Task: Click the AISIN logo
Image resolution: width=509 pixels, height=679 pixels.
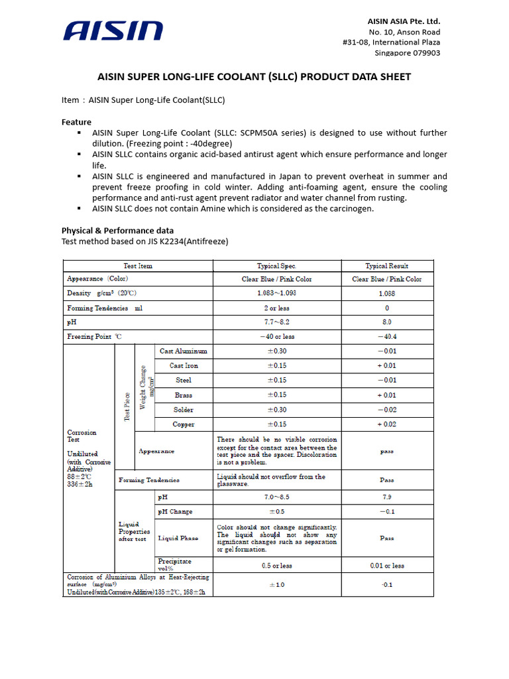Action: [113, 31]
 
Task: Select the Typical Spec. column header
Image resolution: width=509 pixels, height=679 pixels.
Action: [276, 266]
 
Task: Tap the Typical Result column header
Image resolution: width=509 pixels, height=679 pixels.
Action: [387, 266]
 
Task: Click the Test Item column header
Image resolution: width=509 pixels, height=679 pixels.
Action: [138, 266]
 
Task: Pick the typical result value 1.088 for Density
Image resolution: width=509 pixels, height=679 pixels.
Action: [387, 293]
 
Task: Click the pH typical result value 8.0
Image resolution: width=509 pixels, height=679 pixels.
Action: [387, 322]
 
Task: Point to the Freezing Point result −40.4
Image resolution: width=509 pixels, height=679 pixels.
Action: [387, 337]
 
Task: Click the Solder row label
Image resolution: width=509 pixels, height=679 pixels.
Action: [184, 410]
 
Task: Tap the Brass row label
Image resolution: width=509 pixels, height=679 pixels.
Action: [184, 395]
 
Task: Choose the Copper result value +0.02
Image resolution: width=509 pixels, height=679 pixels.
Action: [387, 424]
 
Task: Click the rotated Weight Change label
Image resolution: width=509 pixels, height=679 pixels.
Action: [144, 387]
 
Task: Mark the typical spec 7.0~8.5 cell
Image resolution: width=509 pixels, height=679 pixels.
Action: [276, 497]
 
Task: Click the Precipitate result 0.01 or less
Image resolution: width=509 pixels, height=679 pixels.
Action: [387, 566]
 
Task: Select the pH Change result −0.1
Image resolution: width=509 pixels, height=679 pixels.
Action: [387, 511]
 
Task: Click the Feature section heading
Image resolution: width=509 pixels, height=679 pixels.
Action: [76, 122]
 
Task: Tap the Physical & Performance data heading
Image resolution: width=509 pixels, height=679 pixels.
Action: [117, 231]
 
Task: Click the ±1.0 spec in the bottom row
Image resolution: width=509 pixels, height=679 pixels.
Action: [276, 585]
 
